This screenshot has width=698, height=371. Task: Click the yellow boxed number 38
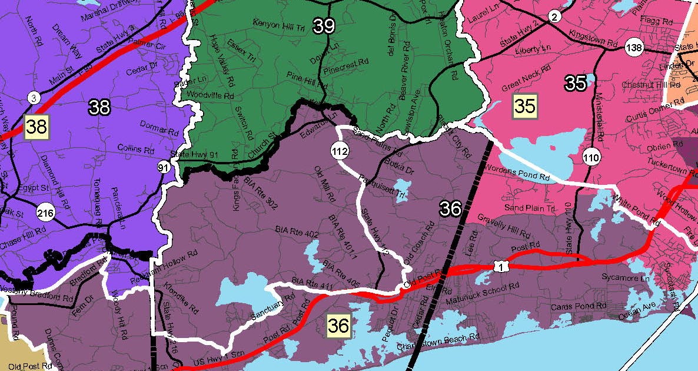click(x=36, y=125)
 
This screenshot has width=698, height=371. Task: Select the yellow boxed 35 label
click(x=525, y=105)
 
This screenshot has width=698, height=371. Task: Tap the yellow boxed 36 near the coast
click(x=339, y=326)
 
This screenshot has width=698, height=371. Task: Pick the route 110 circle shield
click(x=591, y=157)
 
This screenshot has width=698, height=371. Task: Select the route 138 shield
click(x=634, y=48)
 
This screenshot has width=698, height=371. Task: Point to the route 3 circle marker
click(x=34, y=98)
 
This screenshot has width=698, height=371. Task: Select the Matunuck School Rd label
click(x=486, y=290)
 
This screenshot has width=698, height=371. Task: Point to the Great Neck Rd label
click(x=526, y=78)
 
